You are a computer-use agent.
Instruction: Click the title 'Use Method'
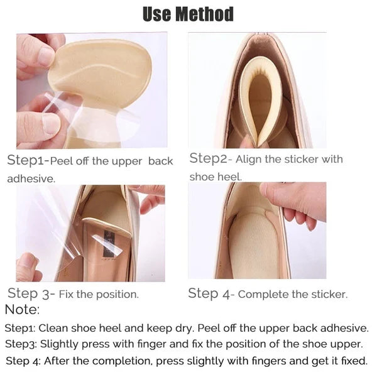(188, 14)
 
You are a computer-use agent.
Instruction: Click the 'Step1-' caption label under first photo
(27, 160)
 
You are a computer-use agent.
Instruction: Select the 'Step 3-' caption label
(31, 293)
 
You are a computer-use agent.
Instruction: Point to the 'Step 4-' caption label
(211, 293)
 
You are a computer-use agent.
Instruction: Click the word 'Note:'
(22, 309)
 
